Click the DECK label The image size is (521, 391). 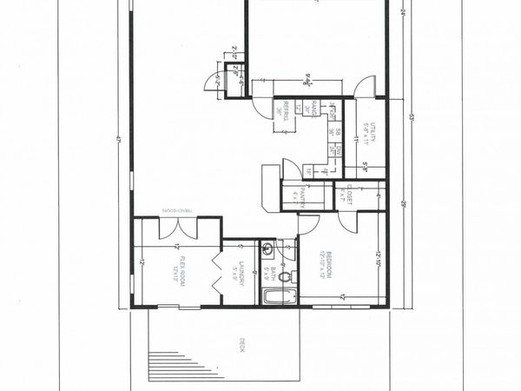coord(241,344)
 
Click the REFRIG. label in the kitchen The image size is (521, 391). coord(287,112)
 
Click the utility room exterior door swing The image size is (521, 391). coord(366,85)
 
